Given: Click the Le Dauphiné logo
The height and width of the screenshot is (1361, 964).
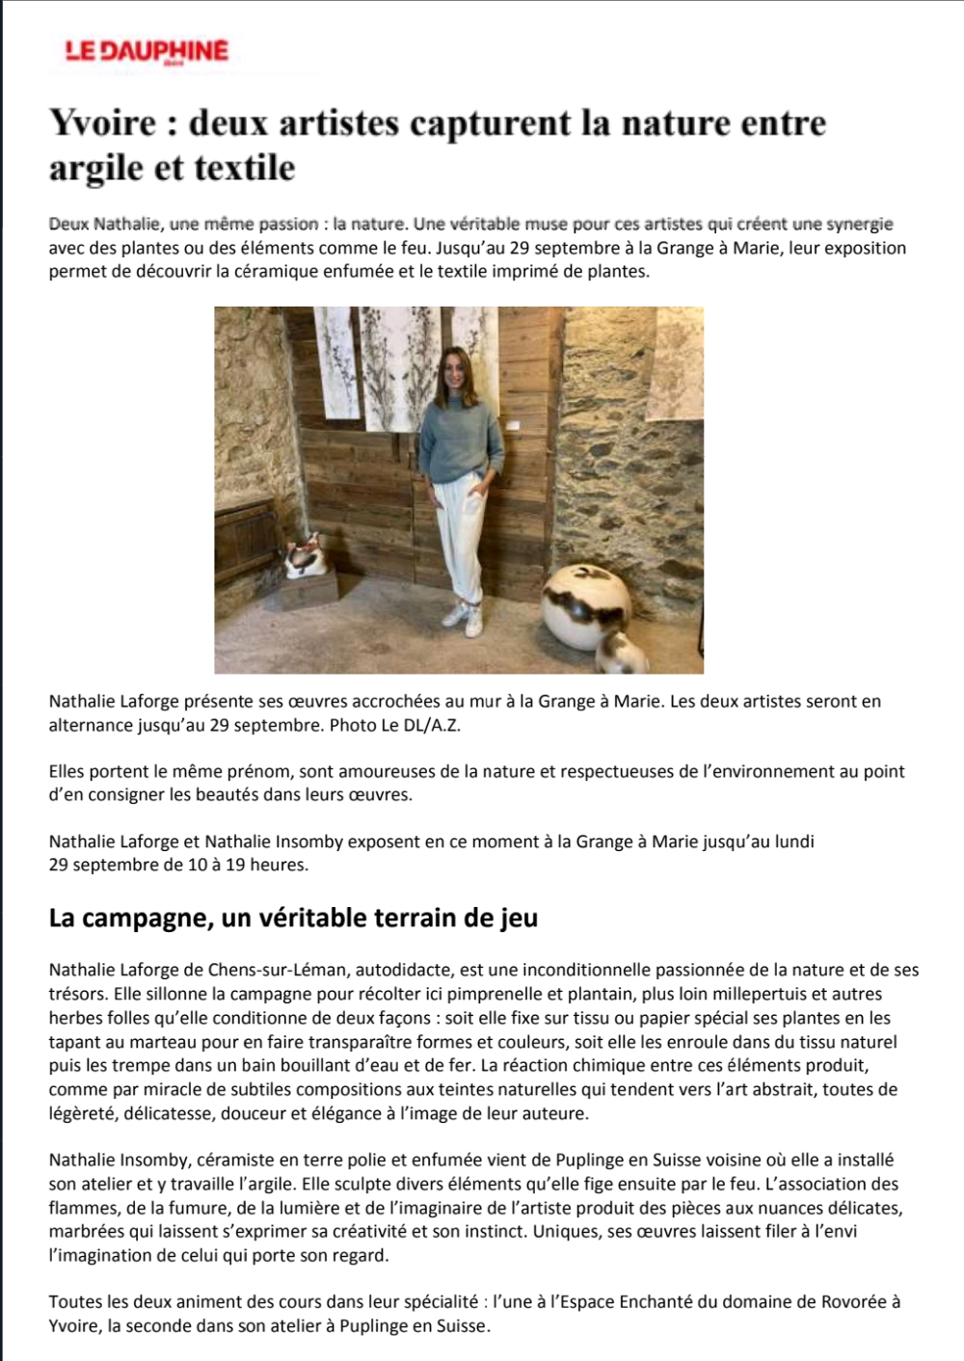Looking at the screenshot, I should coord(147,51).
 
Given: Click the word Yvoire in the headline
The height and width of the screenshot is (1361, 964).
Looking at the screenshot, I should coord(102,123).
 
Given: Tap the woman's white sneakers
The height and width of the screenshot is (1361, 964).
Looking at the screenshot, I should coord(463,615).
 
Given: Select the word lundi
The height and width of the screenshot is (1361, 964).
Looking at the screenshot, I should coord(794,841).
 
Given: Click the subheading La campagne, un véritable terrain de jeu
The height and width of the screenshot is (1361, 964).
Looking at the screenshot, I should coord(293,917).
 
